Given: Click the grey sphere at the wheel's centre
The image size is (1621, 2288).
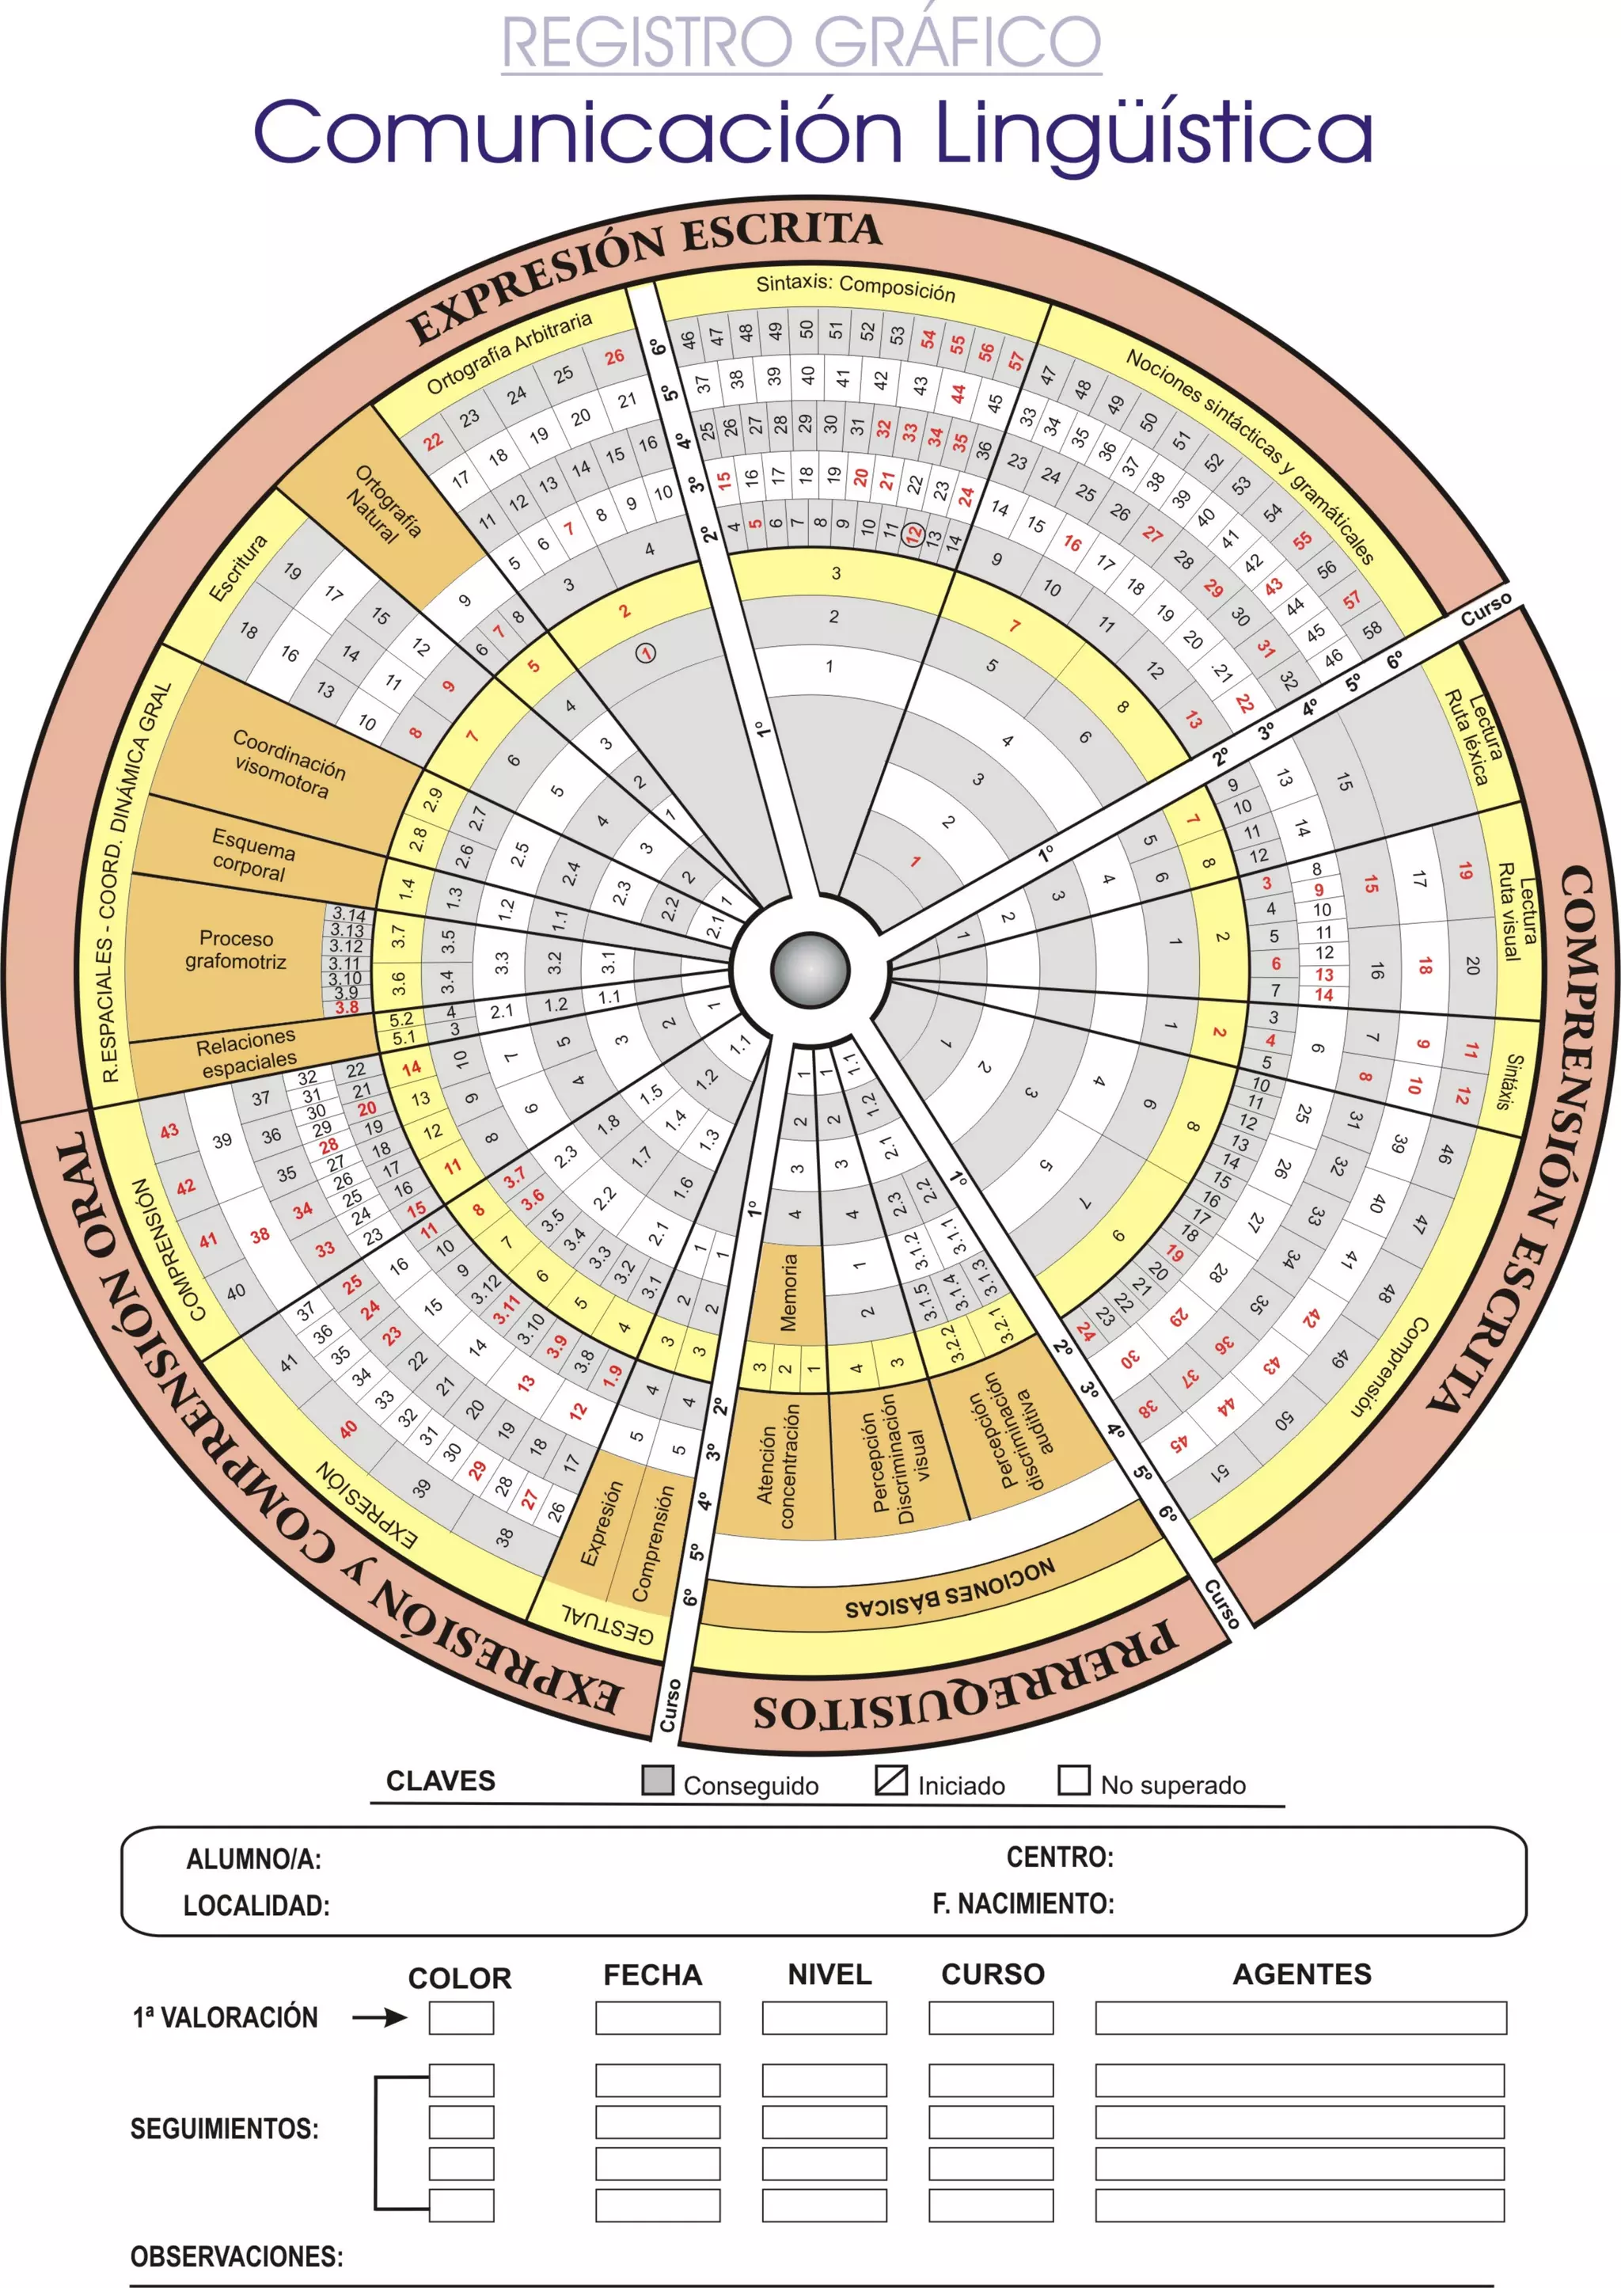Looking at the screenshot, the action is click(x=810, y=968).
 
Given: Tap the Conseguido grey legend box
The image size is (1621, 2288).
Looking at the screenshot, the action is click(x=657, y=1780).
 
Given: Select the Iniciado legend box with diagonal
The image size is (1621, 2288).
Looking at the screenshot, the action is click(x=890, y=1780).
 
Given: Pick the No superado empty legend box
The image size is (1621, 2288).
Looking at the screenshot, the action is click(x=1073, y=1780).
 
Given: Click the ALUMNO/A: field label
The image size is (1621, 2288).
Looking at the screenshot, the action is click(x=253, y=1859).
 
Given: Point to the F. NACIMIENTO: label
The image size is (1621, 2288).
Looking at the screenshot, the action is click(x=1023, y=1904).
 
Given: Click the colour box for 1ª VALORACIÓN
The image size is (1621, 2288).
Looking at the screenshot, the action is click(x=461, y=2017).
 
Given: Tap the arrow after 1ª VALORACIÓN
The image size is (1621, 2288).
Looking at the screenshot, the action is click(x=379, y=2017).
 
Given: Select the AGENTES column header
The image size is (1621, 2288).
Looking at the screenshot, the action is click(x=1301, y=1974).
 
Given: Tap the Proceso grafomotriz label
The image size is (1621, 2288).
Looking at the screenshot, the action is click(x=237, y=949).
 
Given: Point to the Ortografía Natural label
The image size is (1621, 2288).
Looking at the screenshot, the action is click(x=383, y=504).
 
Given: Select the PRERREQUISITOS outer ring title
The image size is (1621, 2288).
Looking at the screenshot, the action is click(x=963, y=1687).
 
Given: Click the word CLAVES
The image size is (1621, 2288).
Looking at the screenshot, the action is click(x=440, y=1781).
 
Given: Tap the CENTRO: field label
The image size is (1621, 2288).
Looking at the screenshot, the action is click(x=1059, y=1857).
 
